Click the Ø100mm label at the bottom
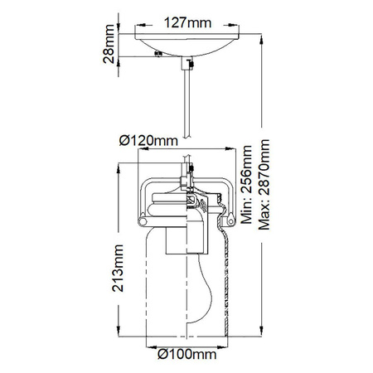click(x=186, y=355)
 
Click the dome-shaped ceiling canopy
click(x=188, y=43)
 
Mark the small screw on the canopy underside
click(x=158, y=56)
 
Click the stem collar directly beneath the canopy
click(x=188, y=63)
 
